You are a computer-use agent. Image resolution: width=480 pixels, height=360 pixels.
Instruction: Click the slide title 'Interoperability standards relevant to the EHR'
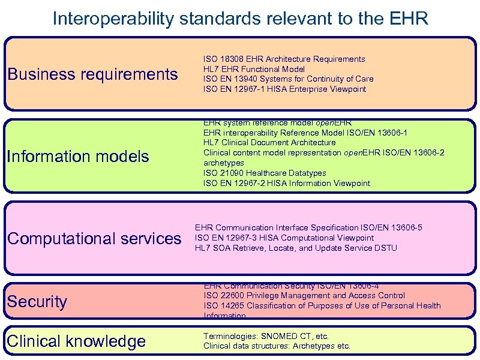pos(240,19)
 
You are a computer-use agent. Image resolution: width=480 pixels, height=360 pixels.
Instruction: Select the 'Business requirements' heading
pos(92,74)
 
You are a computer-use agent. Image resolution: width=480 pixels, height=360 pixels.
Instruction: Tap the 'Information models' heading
pos(78,157)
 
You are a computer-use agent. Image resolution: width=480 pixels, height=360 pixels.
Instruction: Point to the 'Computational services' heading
pos(94,239)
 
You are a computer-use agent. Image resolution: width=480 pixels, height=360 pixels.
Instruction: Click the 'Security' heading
pos(37,301)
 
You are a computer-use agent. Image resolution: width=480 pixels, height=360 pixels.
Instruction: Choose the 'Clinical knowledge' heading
pos(76,341)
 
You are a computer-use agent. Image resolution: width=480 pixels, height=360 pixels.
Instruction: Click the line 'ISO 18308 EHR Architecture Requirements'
pos(284,59)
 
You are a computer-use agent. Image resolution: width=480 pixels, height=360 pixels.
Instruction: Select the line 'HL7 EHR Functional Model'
pos(254,69)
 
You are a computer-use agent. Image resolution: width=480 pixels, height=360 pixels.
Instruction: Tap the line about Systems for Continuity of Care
pos(288,79)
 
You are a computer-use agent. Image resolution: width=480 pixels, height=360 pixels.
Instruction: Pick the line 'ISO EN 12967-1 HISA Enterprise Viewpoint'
pos(284,89)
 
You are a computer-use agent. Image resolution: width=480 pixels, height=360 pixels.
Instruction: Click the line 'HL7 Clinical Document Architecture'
pos(269,143)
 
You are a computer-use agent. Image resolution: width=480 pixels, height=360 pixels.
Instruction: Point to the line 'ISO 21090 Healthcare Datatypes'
pos(265,173)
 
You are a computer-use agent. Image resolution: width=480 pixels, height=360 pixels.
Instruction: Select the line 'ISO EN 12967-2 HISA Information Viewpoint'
pos(287,184)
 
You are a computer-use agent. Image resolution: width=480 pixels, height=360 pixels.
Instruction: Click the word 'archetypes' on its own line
pos(223,163)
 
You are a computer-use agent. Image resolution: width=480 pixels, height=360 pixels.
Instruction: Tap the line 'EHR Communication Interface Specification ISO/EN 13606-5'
pos(308,228)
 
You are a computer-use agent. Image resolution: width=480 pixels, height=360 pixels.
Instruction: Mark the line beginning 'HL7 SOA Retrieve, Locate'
pos(296,248)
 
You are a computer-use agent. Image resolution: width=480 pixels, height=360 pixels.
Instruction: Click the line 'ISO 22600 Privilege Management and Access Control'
pos(304,296)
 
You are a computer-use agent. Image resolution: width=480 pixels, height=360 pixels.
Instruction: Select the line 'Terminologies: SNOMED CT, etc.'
pos(266,337)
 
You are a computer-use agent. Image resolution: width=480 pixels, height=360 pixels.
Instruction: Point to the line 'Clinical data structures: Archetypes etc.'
pos(277,346)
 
